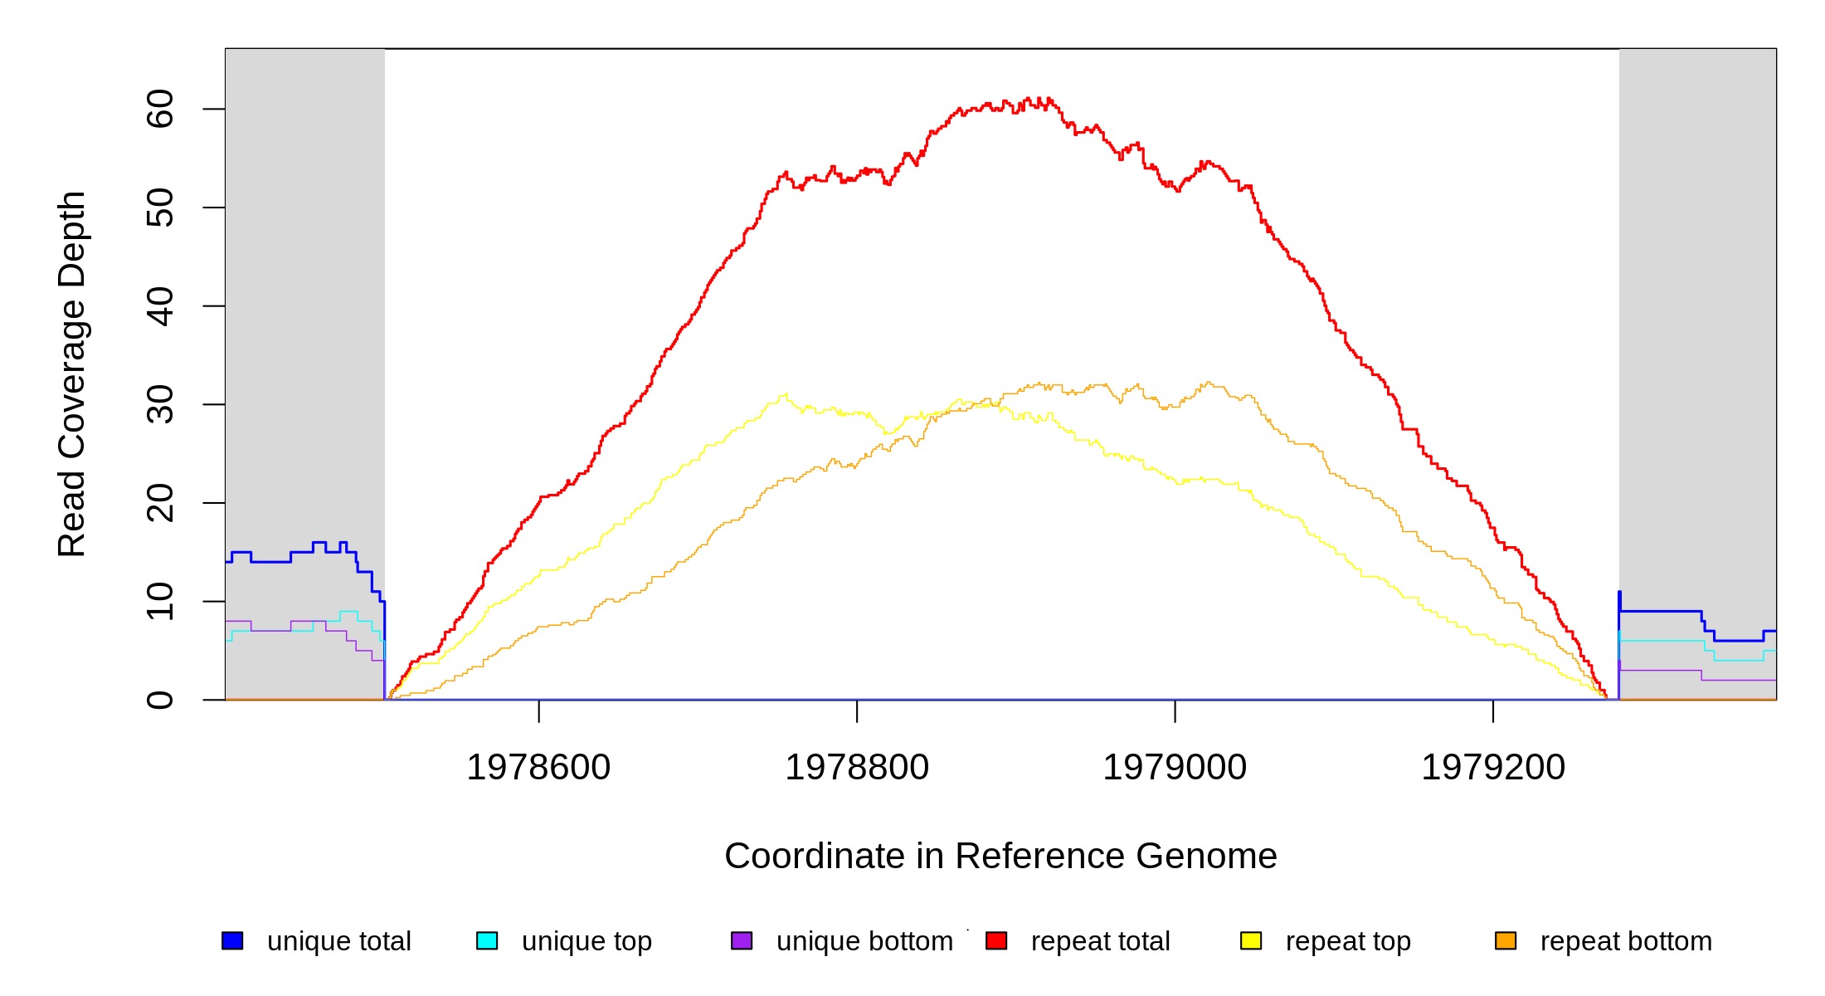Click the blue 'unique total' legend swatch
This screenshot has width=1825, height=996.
pos(232,940)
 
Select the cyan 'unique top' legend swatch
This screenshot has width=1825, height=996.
pos(487,940)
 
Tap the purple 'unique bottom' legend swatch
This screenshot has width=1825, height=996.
pos(742,940)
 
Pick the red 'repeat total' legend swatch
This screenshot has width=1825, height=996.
pos(996,940)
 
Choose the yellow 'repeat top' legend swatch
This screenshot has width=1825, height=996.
pos(1251,940)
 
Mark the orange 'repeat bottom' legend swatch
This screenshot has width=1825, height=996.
pos(1506,940)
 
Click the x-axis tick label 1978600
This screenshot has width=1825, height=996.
pos(538,768)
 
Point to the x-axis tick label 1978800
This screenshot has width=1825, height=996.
pos(857,768)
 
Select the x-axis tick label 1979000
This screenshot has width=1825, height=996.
pos(1175,768)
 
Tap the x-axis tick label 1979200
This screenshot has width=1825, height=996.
pos(1493,768)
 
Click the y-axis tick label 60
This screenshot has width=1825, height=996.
pos(160,109)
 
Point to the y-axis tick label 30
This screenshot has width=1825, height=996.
pos(160,404)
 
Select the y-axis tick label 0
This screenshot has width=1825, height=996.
pos(160,700)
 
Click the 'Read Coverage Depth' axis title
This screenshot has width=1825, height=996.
pos(71,373)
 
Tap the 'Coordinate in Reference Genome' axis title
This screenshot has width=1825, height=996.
pos(1000,856)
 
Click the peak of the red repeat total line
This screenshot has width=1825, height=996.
pos(1029,99)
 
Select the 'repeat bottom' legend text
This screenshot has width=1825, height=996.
pos(1626,941)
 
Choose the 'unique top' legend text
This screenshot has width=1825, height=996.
pos(586,941)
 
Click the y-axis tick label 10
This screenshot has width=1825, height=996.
pos(160,601)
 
